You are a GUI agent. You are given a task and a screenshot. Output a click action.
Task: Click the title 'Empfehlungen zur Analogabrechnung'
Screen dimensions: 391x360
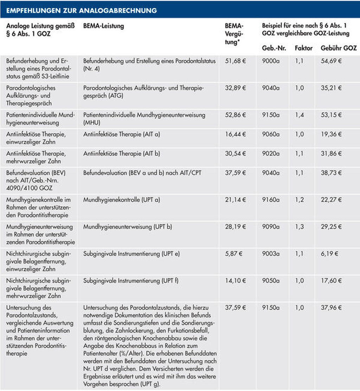[81, 11]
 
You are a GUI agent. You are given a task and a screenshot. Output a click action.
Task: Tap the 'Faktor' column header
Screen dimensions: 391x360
[303, 48]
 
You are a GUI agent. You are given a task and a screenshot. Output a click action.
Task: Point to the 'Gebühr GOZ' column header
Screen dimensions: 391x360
[339, 48]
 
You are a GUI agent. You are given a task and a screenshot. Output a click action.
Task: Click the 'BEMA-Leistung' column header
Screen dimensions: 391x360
[103, 26]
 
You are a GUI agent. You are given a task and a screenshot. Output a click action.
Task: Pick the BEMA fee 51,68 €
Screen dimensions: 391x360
[236, 60]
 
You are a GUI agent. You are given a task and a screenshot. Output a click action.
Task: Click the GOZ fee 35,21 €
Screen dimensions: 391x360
[331, 88]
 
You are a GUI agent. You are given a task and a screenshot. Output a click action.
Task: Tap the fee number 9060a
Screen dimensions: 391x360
[271, 134]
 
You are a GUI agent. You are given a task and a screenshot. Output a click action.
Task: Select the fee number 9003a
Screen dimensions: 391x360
[271, 254]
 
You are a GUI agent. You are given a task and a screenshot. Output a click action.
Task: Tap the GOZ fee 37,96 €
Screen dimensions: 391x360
[331, 308]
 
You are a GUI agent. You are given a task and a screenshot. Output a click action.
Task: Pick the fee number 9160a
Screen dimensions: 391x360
[271, 200]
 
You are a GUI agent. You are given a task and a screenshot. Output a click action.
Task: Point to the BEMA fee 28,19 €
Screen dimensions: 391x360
[236, 227]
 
